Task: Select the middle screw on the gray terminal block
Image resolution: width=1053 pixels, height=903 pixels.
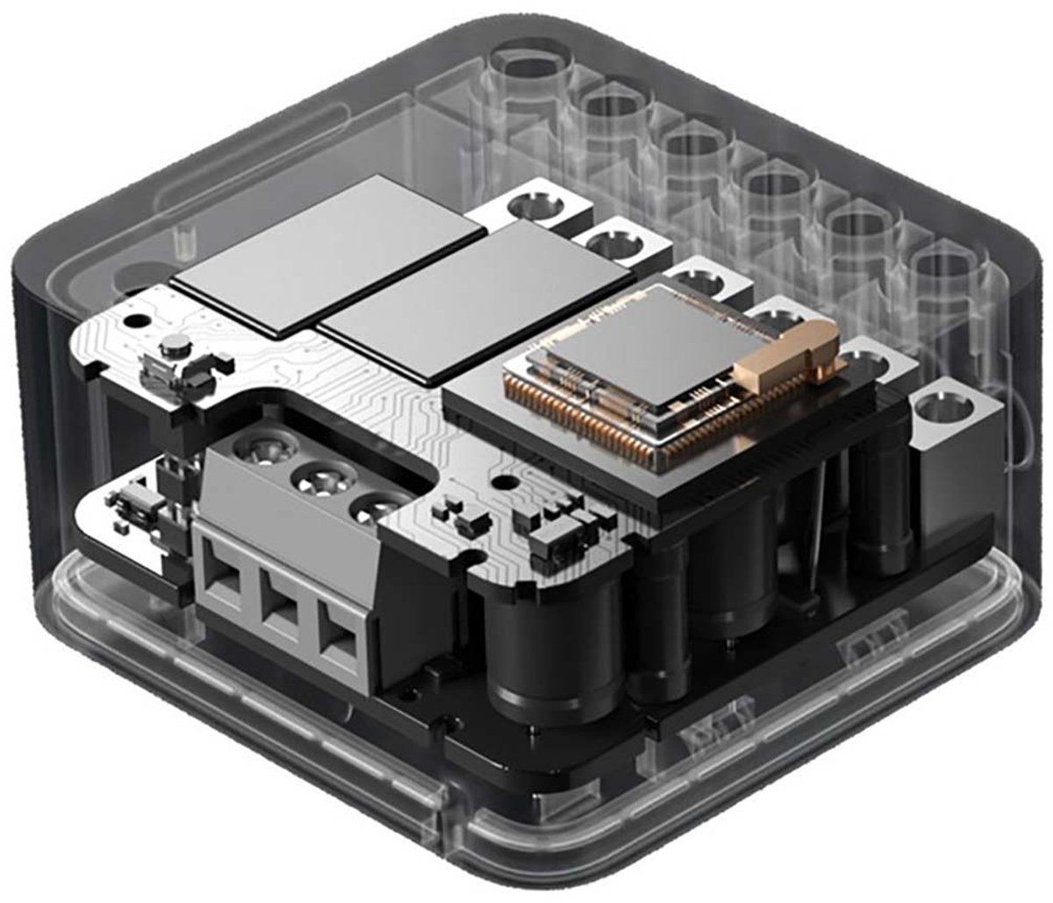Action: [x=317, y=481]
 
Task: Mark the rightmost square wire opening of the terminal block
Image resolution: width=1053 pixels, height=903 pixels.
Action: [x=340, y=640]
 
